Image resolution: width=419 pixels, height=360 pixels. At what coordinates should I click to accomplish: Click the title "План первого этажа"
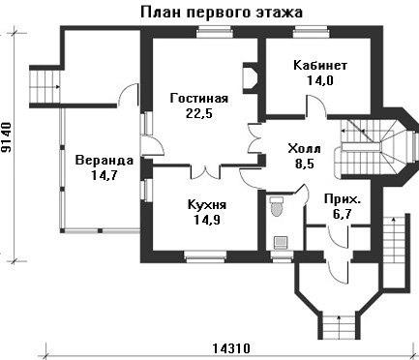click(x=222, y=13)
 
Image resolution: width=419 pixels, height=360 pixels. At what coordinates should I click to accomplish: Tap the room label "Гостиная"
click(x=199, y=98)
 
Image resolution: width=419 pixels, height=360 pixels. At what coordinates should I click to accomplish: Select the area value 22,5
click(x=199, y=113)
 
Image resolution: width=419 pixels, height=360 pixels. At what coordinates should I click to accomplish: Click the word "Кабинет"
click(x=320, y=65)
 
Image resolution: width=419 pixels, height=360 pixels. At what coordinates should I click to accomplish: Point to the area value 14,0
click(x=320, y=80)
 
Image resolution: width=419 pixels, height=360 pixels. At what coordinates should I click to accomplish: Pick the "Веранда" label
click(x=104, y=161)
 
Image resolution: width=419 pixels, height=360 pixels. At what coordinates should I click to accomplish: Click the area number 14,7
click(x=105, y=175)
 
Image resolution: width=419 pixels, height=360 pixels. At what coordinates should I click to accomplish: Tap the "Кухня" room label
click(x=207, y=204)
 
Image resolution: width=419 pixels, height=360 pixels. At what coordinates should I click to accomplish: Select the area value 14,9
click(x=207, y=220)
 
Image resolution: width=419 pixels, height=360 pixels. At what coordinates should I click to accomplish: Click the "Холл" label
click(x=304, y=149)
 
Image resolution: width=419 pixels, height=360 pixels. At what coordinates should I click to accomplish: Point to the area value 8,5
click(x=305, y=164)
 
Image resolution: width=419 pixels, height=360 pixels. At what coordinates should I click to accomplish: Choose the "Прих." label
click(x=343, y=199)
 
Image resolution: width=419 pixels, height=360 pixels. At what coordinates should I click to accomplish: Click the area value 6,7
click(x=342, y=214)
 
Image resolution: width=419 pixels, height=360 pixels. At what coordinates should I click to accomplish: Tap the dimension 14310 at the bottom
click(x=231, y=348)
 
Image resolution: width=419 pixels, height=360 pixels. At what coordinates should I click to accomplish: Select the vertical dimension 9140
click(x=7, y=137)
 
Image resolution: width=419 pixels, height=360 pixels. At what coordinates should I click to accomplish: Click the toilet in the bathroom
click(x=276, y=206)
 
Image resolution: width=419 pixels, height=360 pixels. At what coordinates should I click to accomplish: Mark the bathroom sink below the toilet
click(x=281, y=242)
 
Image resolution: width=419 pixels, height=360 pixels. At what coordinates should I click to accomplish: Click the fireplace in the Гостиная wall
click(x=250, y=77)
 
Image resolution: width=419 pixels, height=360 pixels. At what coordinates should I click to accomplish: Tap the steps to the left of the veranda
click(x=45, y=86)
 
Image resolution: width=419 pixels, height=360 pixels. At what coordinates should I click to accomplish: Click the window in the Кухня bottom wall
click(x=205, y=255)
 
